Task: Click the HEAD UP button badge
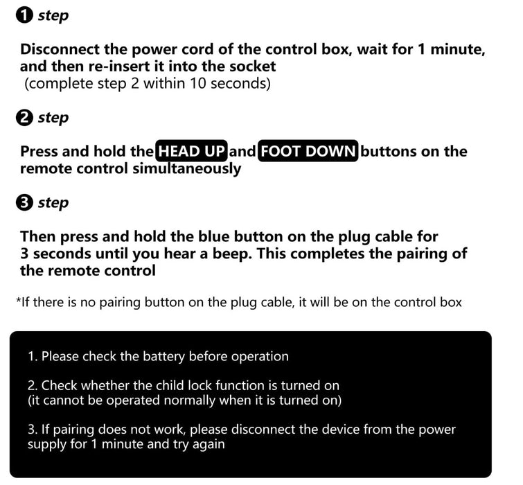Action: [192, 151]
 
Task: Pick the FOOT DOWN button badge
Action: [308, 151]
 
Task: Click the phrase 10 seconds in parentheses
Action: [230, 84]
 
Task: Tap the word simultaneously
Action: [186, 168]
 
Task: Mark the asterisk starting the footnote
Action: [18, 301]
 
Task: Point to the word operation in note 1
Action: [259, 357]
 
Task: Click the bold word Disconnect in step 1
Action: [63, 50]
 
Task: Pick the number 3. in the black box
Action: [33, 430]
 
